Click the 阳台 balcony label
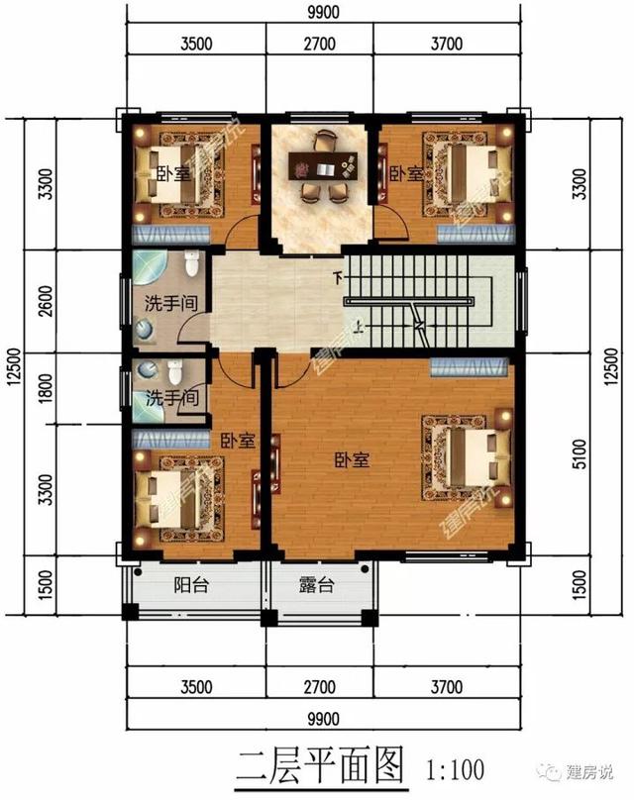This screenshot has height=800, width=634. (191, 585)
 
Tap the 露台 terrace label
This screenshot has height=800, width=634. (316, 585)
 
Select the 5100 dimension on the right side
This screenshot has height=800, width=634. (580, 454)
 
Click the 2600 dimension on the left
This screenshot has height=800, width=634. (46, 301)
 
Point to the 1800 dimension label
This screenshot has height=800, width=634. (46, 389)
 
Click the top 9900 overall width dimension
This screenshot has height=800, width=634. (323, 12)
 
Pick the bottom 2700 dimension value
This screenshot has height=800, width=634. (320, 687)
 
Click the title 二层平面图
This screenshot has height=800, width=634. (321, 765)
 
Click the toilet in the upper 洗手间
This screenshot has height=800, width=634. (191, 262)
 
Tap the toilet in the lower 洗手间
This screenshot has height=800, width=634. (174, 372)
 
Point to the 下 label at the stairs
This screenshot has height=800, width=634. (338, 278)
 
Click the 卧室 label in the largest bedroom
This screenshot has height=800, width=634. (352, 460)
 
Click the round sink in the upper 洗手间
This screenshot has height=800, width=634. (145, 330)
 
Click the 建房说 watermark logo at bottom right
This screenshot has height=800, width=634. (580, 771)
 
